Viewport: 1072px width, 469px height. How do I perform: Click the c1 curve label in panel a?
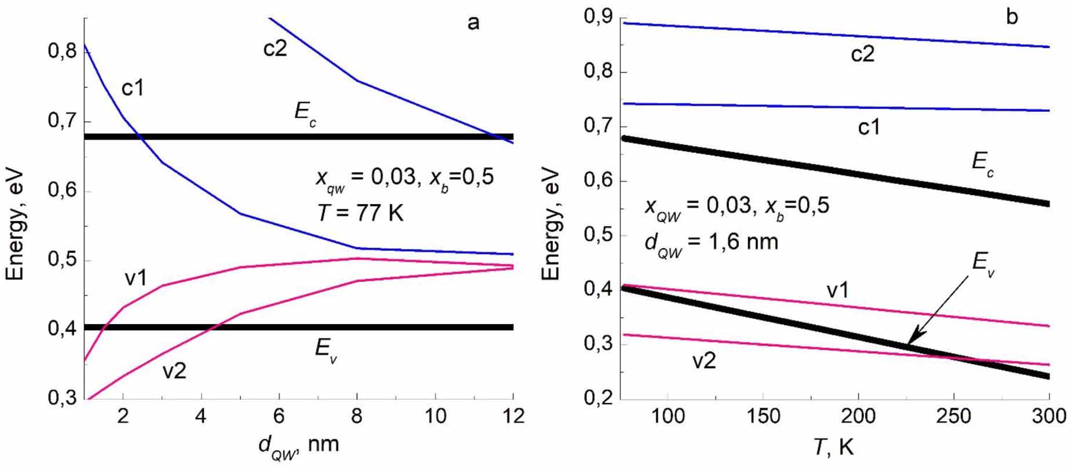pyautogui.click(x=132, y=88)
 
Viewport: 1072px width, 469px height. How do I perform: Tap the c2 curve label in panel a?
pyautogui.click(x=275, y=49)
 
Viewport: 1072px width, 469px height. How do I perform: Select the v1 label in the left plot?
pyautogui.click(x=136, y=278)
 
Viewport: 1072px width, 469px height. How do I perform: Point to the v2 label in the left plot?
pyautogui.click(x=174, y=370)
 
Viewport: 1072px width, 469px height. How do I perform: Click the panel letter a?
pyautogui.click(x=473, y=23)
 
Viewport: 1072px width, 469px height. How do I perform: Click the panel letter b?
pyautogui.click(x=1012, y=17)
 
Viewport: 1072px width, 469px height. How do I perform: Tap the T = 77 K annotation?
pyautogui.click(x=360, y=213)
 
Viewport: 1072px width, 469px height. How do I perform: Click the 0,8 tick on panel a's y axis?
pyautogui.click(x=62, y=52)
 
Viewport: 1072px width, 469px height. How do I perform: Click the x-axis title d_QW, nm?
pyautogui.click(x=298, y=445)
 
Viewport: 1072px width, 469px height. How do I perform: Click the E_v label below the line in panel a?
pyautogui.click(x=326, y=351)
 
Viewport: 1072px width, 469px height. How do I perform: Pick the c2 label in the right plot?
pyautogui.click(x=862, y=54)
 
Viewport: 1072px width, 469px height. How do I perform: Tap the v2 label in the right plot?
pyautogui.click(x=704, y=361)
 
